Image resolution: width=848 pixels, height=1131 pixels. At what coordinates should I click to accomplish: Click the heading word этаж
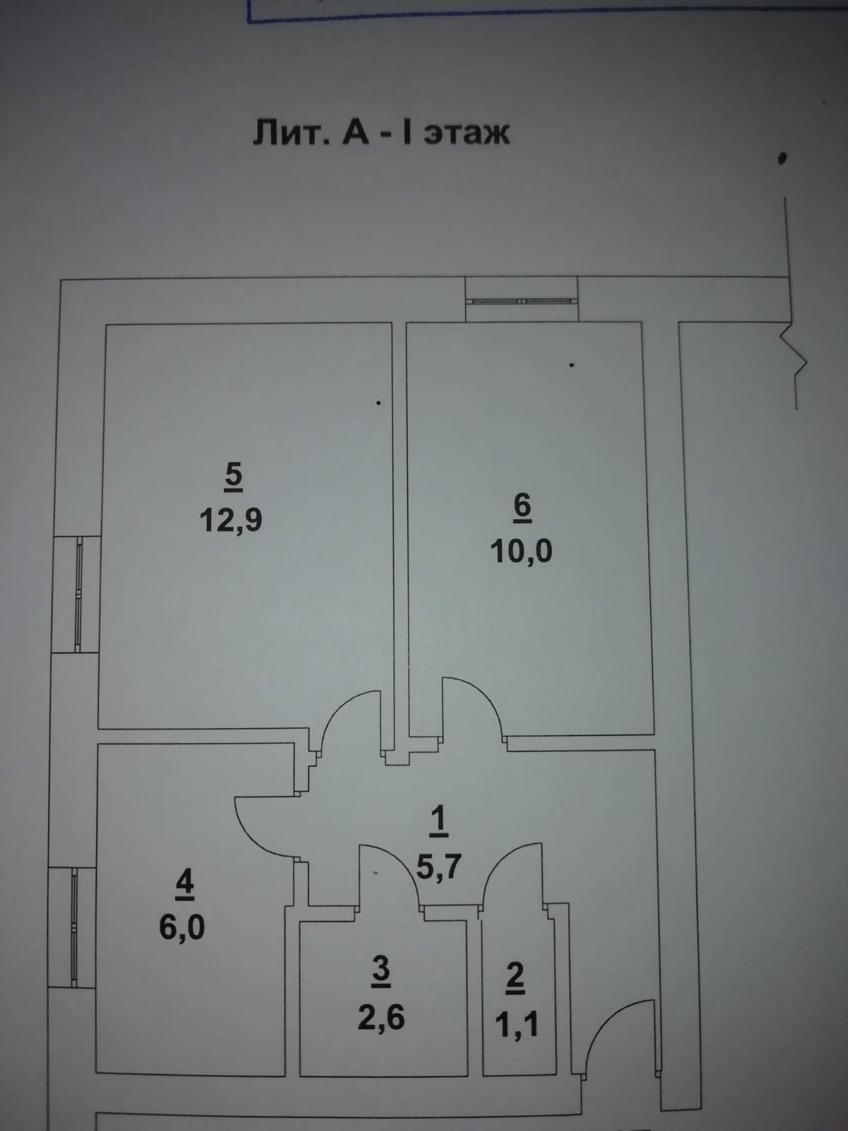466,132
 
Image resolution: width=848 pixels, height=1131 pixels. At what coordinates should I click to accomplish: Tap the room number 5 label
233,476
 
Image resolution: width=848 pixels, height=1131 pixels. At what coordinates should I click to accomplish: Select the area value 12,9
230,520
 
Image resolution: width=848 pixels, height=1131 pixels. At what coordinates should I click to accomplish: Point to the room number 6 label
522,507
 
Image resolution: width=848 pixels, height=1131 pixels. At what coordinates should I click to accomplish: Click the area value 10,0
521,551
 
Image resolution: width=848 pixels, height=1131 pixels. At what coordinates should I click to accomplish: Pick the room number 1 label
438,820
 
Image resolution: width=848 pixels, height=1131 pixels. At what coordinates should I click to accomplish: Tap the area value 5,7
438,865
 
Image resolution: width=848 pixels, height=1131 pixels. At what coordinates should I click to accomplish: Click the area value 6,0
182,927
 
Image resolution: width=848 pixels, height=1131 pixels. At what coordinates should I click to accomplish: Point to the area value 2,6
382,1018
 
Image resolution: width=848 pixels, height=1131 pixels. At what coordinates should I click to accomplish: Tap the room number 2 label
517,977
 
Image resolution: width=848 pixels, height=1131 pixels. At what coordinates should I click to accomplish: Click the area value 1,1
517,1024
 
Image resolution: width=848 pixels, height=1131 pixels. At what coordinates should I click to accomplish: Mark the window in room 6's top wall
522,300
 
